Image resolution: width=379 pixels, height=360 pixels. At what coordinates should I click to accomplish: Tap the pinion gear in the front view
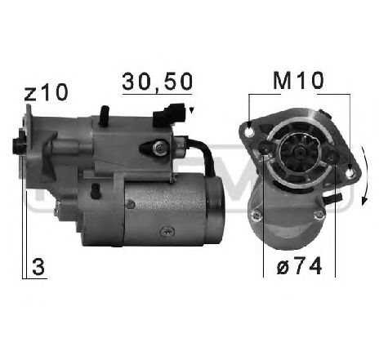(297, 152)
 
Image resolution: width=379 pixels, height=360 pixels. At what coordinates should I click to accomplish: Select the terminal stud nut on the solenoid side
(158, 148)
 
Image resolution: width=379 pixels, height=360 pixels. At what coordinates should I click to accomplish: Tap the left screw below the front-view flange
(257, 215)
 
